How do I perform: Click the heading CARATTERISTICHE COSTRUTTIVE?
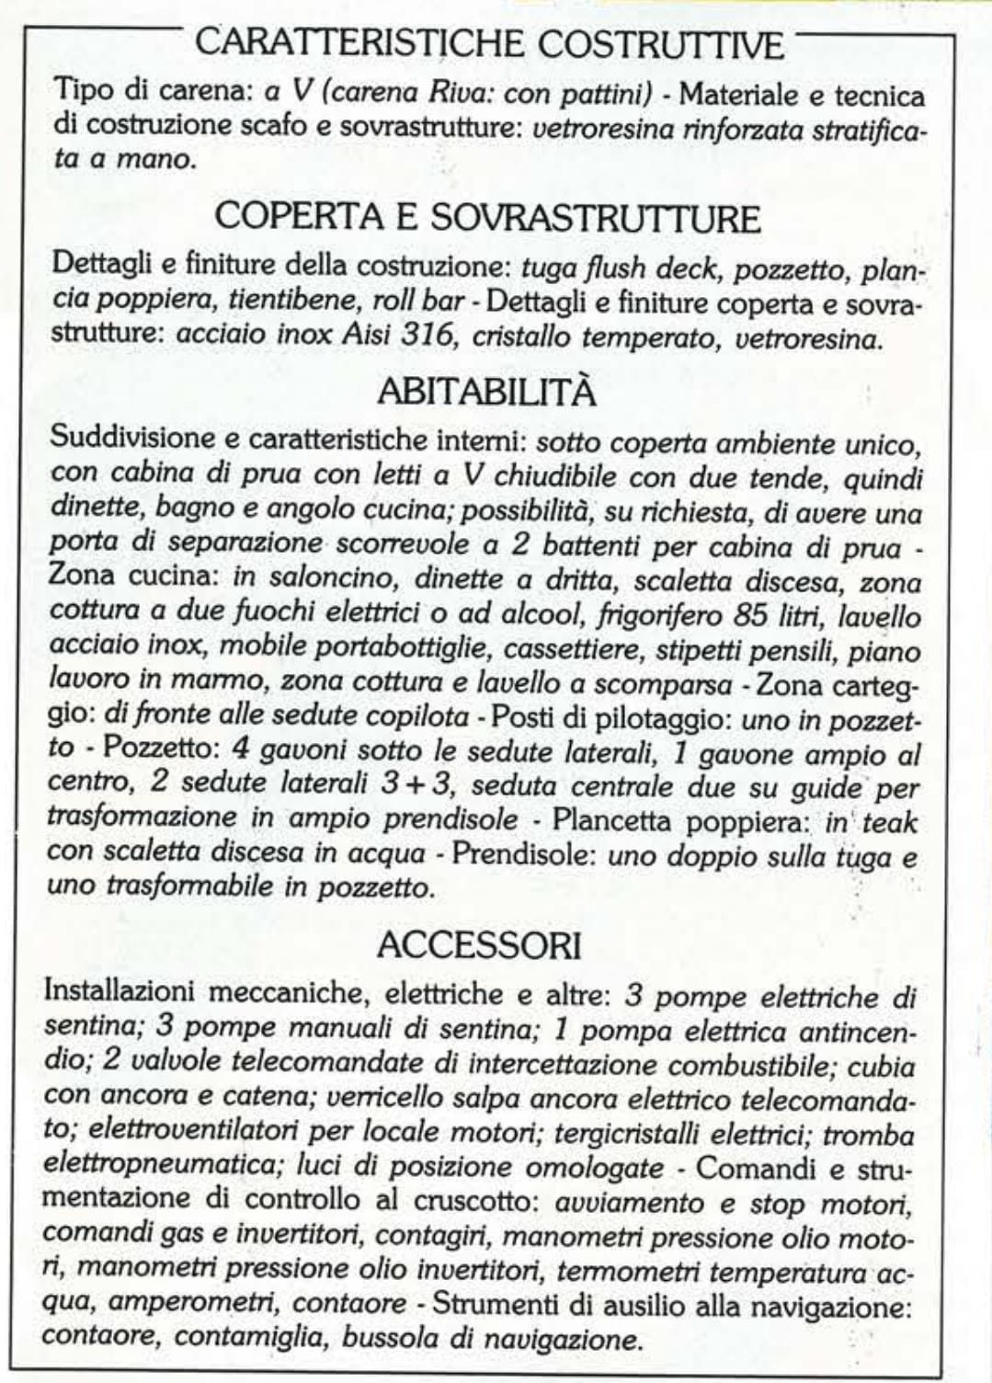click(491, 43)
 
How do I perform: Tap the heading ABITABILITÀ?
click(486, 393)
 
